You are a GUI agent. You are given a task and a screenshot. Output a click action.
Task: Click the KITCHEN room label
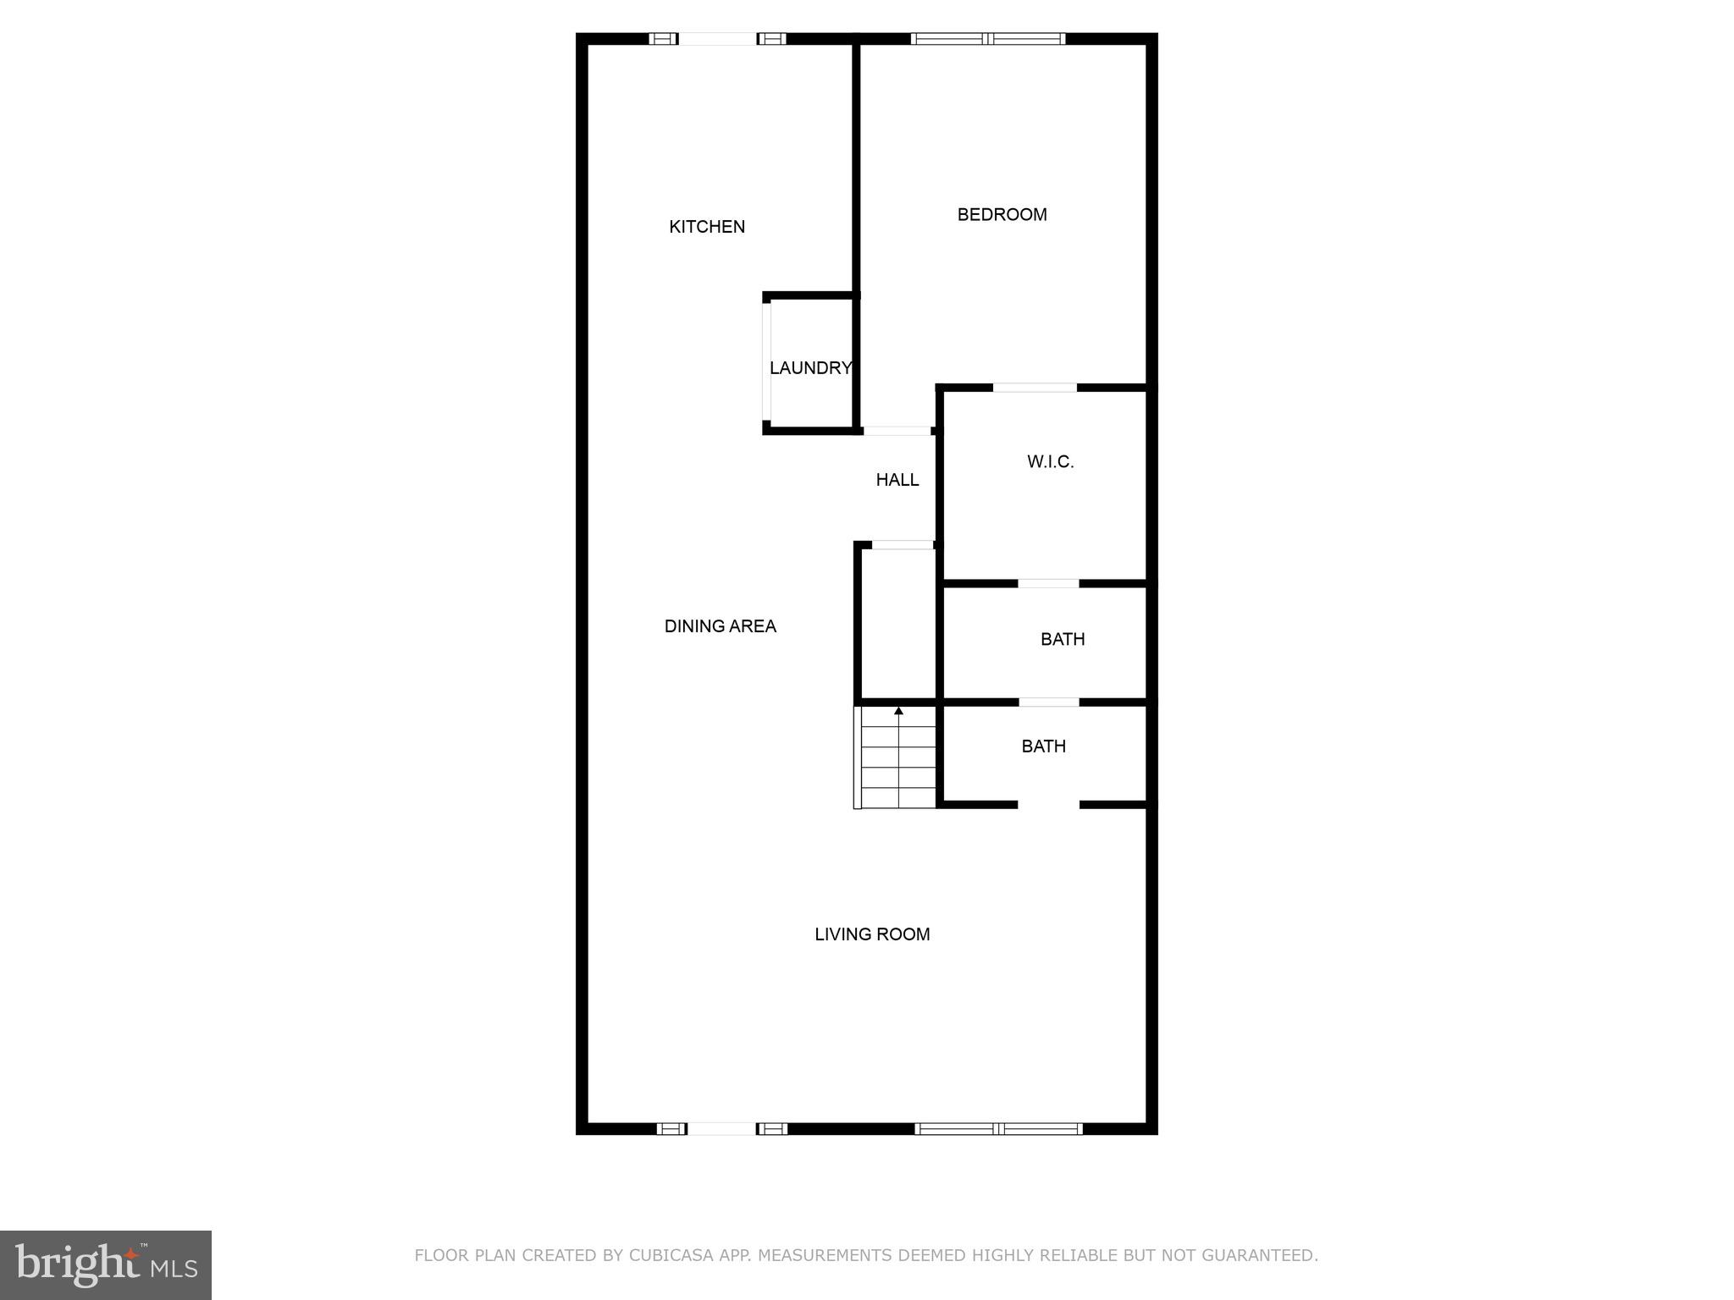[707, 227]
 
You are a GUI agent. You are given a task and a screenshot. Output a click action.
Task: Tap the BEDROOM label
[1002, 215]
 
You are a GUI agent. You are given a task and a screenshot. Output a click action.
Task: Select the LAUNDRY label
[810, 368]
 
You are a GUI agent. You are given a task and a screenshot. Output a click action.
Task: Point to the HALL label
[897, 480]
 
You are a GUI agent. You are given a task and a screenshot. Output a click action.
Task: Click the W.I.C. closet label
[1050, 462]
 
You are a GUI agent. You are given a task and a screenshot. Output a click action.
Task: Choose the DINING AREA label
[720, 626]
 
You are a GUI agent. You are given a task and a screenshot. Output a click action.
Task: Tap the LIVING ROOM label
[872, 934]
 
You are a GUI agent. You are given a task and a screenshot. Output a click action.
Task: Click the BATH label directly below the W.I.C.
[1063, 640]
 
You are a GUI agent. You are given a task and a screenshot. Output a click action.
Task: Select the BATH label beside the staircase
[1043, 746]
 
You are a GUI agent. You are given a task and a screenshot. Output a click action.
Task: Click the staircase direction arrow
[898, 712]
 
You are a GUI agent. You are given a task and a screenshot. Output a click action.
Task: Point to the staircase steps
[898, 762]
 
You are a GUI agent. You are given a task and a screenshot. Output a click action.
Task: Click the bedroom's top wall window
[988, 38]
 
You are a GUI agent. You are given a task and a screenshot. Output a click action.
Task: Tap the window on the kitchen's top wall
[718, 38]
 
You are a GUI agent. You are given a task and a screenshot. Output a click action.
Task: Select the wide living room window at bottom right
[999, 1128]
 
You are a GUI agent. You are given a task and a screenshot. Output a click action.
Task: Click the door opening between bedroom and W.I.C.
[1035, 388]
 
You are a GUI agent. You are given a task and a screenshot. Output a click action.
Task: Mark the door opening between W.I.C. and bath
[1048, 583]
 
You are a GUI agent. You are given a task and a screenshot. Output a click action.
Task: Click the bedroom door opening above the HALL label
[897, 431]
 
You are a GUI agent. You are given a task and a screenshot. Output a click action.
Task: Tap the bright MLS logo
[106, 1264]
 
